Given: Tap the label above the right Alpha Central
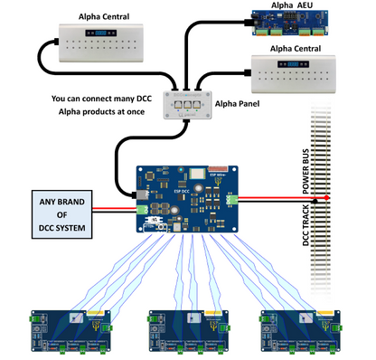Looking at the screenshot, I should (x=302, y=47).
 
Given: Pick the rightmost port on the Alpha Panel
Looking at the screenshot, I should (x=196, y=104).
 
